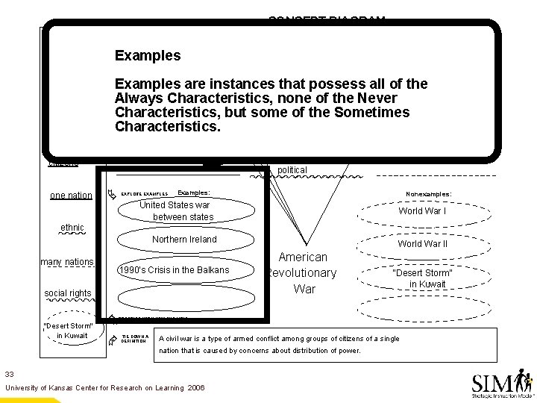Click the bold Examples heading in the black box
pyautogui.click(x=148, y=56)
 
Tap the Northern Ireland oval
pyautogui.click(x=183, y=240)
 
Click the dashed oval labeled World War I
pyautogui.click(x=422, y=211)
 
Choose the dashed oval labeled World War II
pyautogui.click(x=422, y=244)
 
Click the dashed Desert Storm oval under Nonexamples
pyautogui.click(x=422, y=278)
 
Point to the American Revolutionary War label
pyautogui.click(x=304, y=272)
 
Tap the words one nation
pyautogui.click(x=71, y=196)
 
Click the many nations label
pyautogui.click(x=67, y=262)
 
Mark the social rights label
pyautogui.click(x=67, y=293)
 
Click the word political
pyautogui.click(x=292, y=170)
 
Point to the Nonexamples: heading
pyautogui.click(x=427, y=193)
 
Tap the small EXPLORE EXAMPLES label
pyautogui.click(x=144, y=193)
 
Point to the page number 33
pyautogui.click(x=10, y=373)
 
